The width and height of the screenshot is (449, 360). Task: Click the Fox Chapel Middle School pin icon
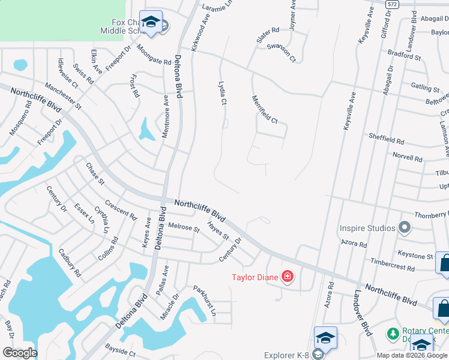click(150, 23)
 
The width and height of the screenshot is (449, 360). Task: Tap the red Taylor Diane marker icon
click(288, 277)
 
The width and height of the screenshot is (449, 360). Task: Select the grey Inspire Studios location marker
click(405, 228)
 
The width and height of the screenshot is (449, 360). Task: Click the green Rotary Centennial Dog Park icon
click(393, 333)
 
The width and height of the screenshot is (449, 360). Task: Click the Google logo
click(20, 353)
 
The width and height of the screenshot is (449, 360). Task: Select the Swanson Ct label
click(282, 52)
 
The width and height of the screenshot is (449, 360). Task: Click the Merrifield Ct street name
click(265, 110)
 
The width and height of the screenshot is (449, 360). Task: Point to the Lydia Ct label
click(222, 94)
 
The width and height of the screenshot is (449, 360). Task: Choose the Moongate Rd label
click(154, 54)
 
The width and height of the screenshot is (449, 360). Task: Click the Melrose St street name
click(184, 227)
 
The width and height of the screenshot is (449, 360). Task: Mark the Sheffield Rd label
click(387, 139)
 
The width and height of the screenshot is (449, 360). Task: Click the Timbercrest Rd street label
click(393, 265)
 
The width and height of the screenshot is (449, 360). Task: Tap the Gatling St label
click(424, 87)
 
